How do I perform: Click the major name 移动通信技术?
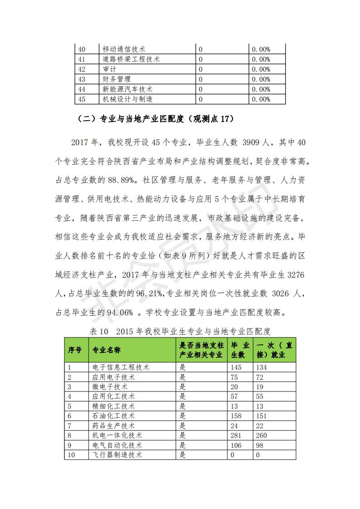(x=124, y=49)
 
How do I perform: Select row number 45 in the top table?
(x=82, y=99)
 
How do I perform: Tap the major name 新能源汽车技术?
(x=128, y=89)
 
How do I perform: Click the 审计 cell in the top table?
(x=110, y=69)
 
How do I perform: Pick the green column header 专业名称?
(x=107, y=350)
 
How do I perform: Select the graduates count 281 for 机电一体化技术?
(x=236, y=436)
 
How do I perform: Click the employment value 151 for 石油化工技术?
(x=261, y=416)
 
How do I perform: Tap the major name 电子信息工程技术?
(x=121, y=367)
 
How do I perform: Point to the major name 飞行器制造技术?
(x=117, y=455)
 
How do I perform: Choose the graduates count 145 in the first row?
(x=236, y=367)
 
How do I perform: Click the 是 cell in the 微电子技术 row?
(x=182, y=387)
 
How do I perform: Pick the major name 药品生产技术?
(x=113, y=426)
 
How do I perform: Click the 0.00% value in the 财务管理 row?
(x=261, y=79)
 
